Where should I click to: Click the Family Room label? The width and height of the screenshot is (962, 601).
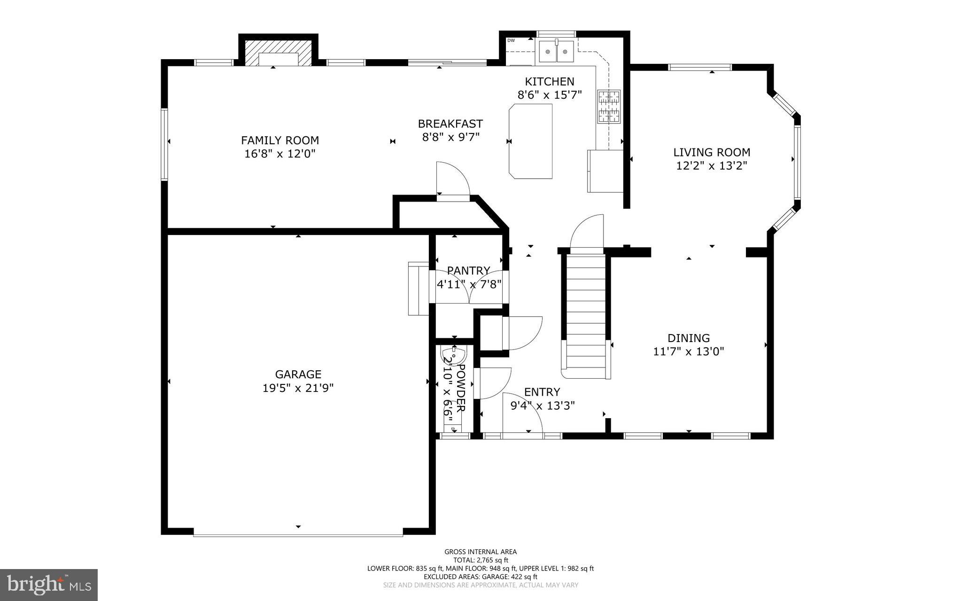pos(280,140)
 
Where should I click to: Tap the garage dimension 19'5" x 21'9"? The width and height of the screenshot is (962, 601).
pos(298,388)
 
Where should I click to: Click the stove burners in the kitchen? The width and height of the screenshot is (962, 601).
pos(609,106)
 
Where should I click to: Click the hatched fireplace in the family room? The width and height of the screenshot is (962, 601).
pos(278,53)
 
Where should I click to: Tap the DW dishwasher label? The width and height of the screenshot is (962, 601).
pos(511,40)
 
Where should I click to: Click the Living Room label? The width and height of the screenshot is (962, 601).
pos(712,152)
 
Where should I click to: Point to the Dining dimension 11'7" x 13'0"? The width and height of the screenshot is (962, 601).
pos(689,351)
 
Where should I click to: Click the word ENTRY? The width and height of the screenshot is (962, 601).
pos(542,392)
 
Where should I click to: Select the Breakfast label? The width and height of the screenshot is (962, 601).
pos(450,124)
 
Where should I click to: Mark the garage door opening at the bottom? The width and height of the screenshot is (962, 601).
pos(298,534)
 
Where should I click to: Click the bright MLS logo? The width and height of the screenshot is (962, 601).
pos(49,585)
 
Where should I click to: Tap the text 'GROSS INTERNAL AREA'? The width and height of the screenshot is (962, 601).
pos(481,552)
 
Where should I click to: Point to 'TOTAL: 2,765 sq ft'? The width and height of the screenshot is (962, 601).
pos(481,560)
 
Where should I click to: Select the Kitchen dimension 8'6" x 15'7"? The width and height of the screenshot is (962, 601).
pos(550,95)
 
